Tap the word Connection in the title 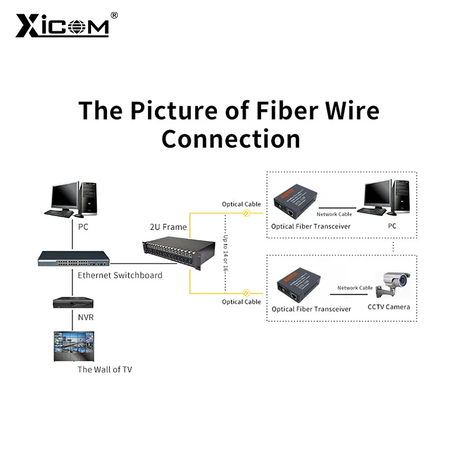click(x=231, y=138)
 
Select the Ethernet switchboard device click(x=73, y=259)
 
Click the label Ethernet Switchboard click(x=120, y=275)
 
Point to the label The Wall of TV click(x=105, y=369)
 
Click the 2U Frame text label click(x=168, y=227)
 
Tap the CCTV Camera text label click(x=389, y=307)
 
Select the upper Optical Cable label click(x=241, y=204)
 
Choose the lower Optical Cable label click(x=241, y=301)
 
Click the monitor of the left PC click(x=64, y=197)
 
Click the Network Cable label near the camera click(x=355, y=288)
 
